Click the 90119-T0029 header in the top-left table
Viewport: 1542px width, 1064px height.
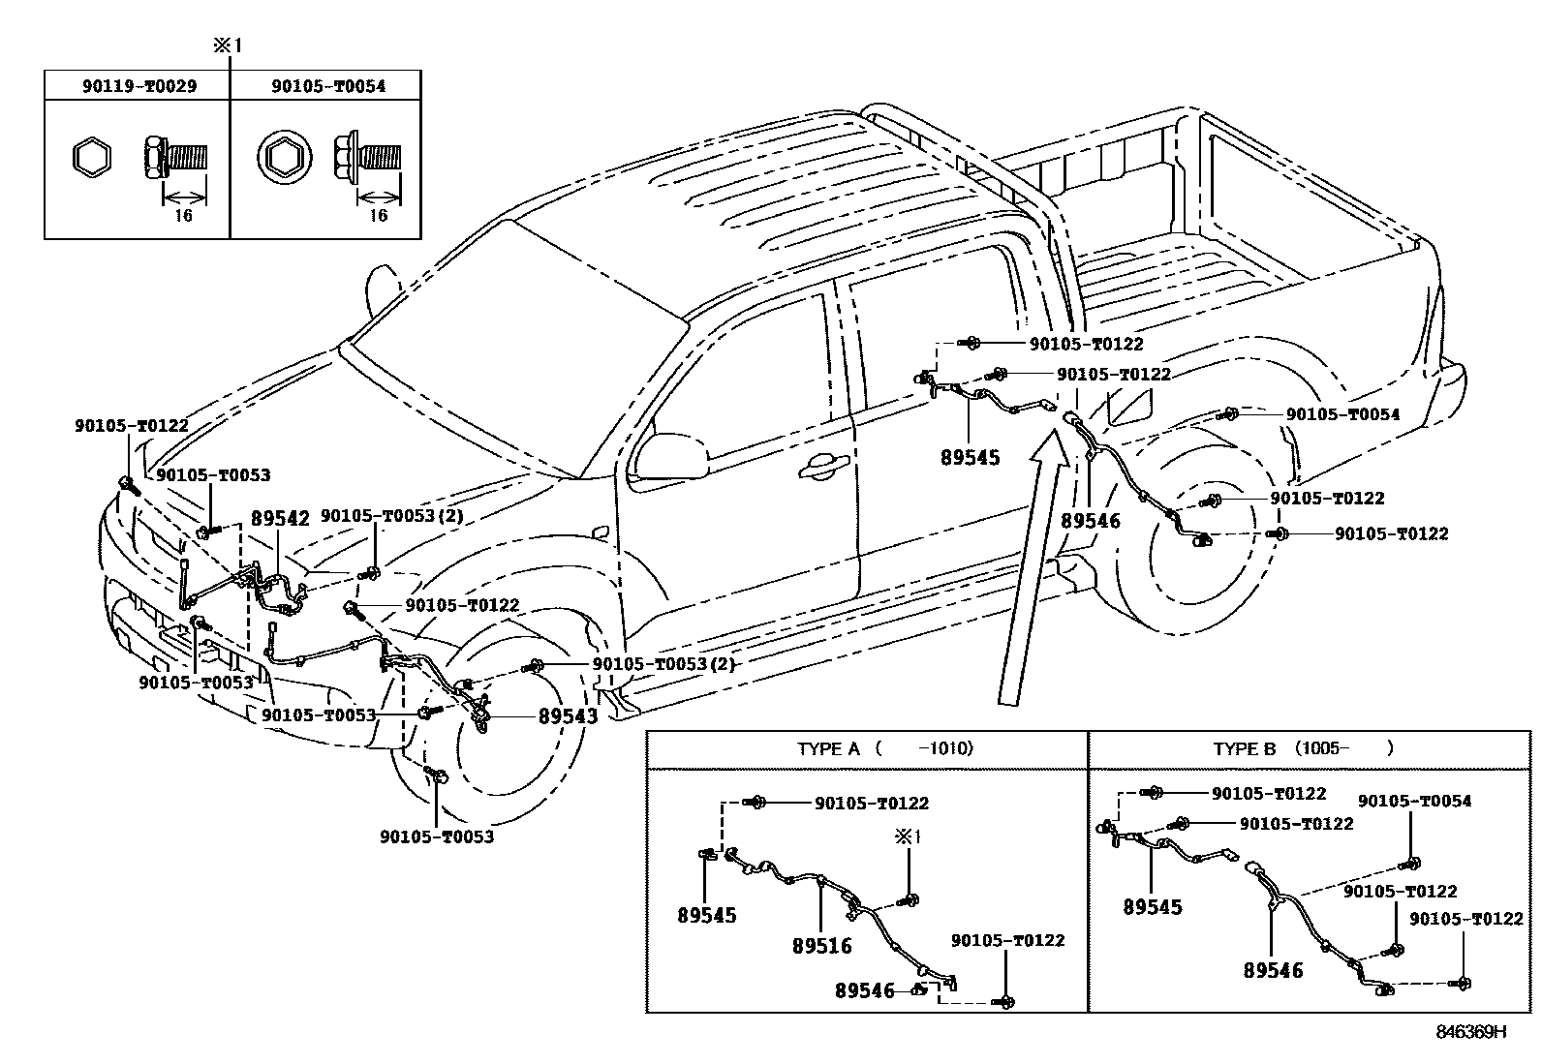coord(138,86)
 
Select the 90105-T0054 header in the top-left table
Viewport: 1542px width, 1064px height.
coord(327,86)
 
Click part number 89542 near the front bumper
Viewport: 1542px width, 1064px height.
coord(280,518)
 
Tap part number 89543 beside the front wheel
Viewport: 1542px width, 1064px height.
coord(568,716)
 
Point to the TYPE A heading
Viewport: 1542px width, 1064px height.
coord(828,748)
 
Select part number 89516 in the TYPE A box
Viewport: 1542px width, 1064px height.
coord(821,946)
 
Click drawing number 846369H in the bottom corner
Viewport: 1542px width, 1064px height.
coord(1470,1032)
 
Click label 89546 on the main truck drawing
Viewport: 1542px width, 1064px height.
coord(1090,521)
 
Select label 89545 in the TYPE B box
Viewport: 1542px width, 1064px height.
coord(1153,907)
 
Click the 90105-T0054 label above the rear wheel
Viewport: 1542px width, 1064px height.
coord(1342,414)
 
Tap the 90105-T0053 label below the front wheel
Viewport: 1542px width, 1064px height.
coord(437,836)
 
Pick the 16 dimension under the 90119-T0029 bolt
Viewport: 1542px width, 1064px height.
coord(183,215)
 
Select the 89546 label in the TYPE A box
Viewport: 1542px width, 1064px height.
coord(865,990)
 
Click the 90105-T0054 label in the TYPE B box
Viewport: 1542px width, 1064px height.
coord(1413,801)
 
